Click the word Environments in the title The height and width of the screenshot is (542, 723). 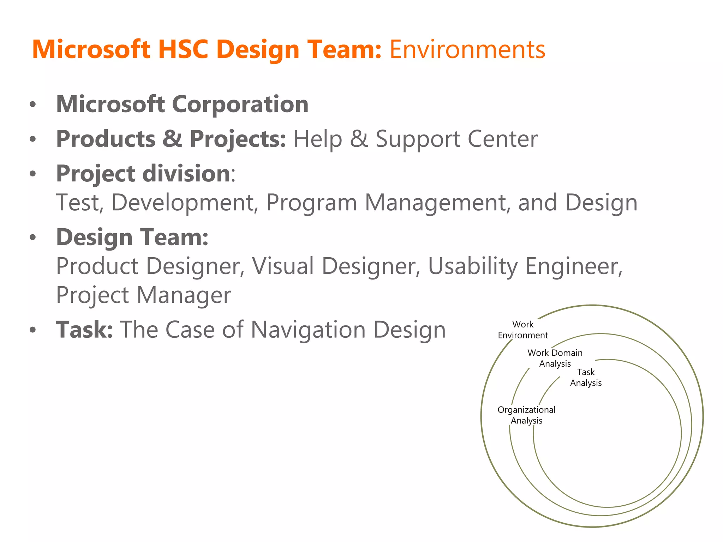click(467, 49)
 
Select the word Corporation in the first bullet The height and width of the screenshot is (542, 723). click(240, 104)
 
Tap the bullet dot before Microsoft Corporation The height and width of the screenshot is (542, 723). click(33, 105)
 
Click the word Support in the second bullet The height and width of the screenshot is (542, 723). click(417, 139)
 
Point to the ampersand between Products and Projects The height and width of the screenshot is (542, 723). click(172, 139)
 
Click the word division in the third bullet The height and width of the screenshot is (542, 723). click(186, 174)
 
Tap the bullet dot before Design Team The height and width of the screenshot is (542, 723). click(33, 237)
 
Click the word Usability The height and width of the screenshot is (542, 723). click(473, 266)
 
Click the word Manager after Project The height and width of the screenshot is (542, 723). click(184, 295)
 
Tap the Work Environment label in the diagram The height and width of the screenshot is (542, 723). click(522, 330)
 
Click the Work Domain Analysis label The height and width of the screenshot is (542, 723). click(555, 358)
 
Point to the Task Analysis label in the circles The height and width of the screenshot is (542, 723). click(586, 377)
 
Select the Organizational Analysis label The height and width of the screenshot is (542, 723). click(526, 415)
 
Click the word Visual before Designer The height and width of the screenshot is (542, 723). click(283, 266)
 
